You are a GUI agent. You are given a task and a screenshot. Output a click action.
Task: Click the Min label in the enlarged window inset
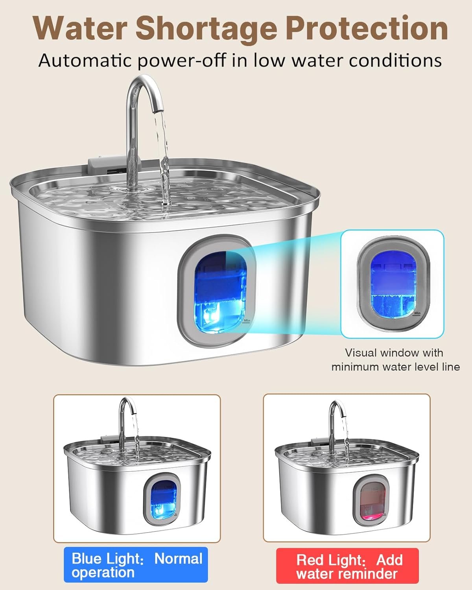[x=417, y=313]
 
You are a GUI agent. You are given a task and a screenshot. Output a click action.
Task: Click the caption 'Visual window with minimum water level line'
[x=395, y=360]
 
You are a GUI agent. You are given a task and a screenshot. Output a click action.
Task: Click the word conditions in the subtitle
[x=395, y=61]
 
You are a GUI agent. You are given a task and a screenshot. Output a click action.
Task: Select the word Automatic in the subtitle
[x=85, y=61]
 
